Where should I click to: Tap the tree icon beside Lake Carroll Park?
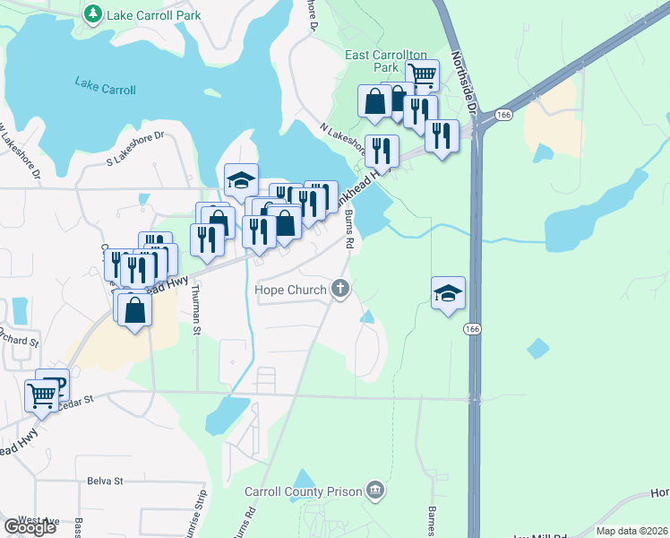[x=92, y=14]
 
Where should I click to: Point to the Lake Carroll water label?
[x=106, y=90]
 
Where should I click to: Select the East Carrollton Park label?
[x=384, y=61]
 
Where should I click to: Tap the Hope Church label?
[x=291, y=290]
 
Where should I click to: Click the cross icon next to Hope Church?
[x=339, y=289]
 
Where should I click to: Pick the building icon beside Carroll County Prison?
[x=375, y=490]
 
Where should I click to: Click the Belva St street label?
[x=105, y=481]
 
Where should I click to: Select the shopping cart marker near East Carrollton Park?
[x=423, y=75]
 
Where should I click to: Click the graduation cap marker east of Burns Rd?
[x=448, y=293]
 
